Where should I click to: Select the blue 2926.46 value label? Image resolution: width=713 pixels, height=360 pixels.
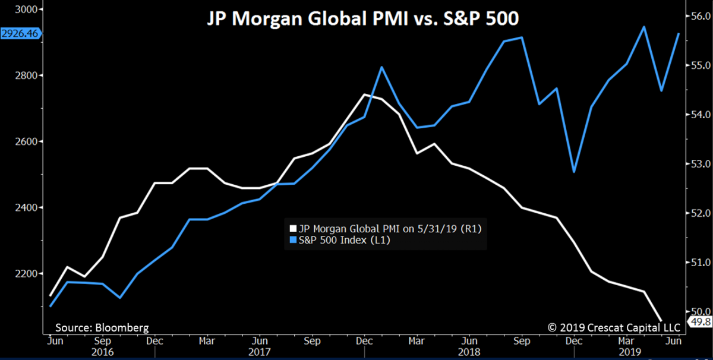pos(20,34)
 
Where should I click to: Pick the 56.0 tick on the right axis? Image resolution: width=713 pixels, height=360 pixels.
pos(697,16)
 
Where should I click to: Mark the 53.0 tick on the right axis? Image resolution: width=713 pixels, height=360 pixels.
pos(697,163)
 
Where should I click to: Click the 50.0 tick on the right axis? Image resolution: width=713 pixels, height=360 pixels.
pos(697,311)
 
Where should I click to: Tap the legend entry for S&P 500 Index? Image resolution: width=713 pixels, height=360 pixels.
pos(344,241)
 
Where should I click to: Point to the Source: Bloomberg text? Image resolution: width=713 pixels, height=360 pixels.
pos(102,327)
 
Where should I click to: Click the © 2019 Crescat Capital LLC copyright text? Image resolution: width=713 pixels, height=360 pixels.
pos(614,327)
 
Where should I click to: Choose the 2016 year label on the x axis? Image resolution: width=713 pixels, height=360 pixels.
pos(102,352)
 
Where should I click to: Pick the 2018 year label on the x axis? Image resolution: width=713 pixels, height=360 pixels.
pos(469,352)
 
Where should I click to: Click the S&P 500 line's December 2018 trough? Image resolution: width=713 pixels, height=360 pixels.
pos(574,172)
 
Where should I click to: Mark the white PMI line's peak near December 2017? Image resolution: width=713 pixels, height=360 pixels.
pos(365,94)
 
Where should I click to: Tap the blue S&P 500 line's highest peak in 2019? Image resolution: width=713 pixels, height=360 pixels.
pos(645,27)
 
